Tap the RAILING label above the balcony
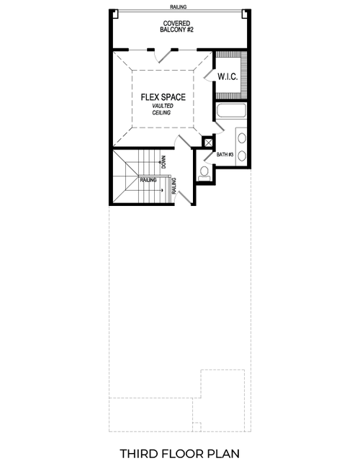(x=179, y=6)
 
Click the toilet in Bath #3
(x=204, y=171)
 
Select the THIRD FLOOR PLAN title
(x=179, y=454)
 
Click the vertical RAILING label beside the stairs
(x=175, y=187)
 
